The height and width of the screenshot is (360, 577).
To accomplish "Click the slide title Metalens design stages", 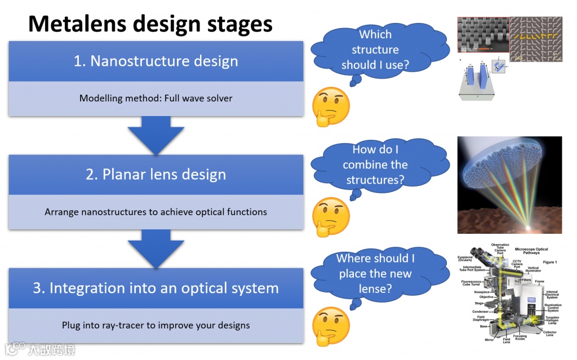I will coord(150,24).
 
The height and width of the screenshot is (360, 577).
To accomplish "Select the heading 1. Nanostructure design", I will coord(156,61).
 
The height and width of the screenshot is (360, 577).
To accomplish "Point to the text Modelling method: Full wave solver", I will coord(156,98).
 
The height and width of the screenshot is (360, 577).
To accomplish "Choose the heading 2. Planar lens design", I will coord(156,175).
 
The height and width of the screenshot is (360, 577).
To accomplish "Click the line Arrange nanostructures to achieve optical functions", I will coord(156,212).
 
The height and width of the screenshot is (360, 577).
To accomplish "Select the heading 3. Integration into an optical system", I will coord(156,288).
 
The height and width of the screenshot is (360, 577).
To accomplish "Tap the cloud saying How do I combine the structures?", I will coord(375,165).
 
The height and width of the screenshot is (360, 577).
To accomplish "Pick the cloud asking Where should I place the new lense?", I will coord(375,274).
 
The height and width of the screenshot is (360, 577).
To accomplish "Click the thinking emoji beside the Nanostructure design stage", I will coord(331,106).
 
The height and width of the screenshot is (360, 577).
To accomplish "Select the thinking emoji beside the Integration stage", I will coord(331,326).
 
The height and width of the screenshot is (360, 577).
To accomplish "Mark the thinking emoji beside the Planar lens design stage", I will coord(331,216).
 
